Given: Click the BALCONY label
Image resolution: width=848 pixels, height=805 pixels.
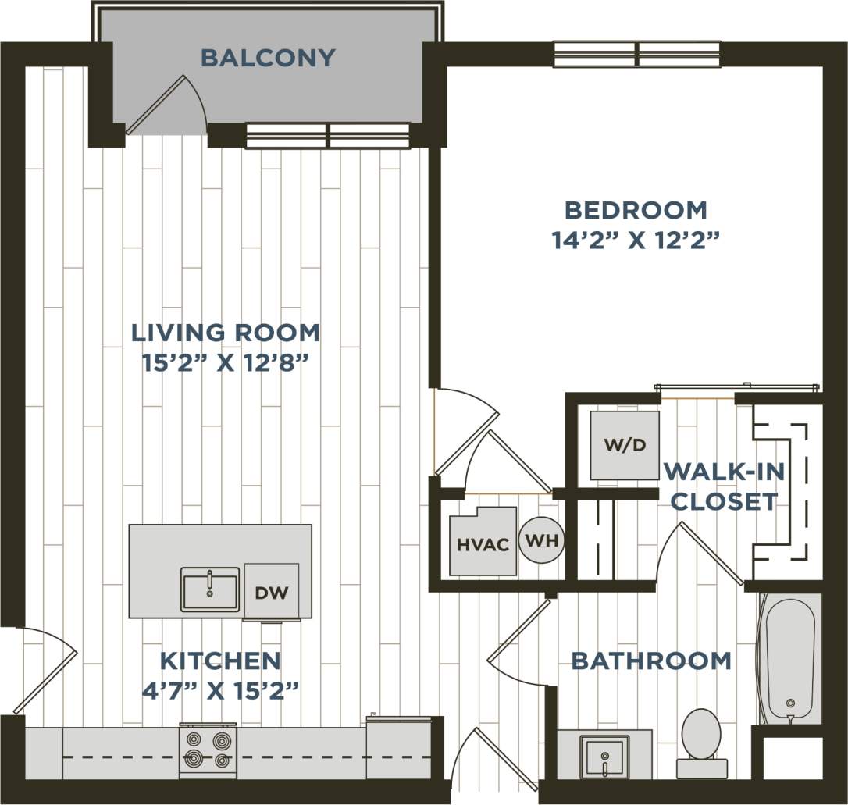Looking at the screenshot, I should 268,58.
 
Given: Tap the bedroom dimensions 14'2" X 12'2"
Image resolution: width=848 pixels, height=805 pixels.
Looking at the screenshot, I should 635,240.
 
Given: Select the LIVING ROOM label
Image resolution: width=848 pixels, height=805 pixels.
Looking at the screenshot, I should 225,333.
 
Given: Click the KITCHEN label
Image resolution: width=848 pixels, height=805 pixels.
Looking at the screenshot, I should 220,661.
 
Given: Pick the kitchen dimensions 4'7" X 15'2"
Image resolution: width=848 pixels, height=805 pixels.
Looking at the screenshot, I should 220,690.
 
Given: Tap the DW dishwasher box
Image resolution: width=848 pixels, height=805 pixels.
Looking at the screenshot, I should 272,592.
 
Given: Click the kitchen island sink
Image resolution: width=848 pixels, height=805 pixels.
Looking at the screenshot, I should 210,589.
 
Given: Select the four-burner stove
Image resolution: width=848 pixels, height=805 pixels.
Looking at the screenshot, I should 208,750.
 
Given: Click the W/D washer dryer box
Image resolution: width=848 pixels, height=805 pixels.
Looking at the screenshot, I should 624,445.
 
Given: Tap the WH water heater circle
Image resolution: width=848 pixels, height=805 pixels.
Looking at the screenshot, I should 542,540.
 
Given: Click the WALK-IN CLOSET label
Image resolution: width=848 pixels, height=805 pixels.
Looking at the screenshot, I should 723,486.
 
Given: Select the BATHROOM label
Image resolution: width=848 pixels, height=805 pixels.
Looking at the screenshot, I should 651,661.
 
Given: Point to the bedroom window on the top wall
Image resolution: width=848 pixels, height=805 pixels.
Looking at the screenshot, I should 637,55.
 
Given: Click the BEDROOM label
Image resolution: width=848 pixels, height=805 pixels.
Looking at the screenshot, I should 636,210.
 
